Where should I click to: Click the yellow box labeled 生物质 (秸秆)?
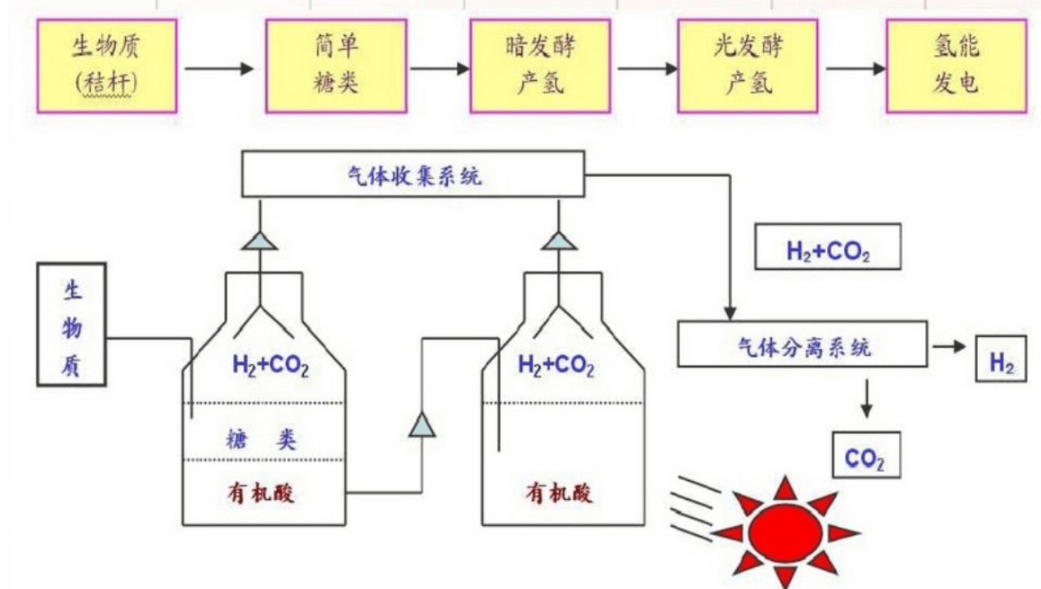coord(106,65)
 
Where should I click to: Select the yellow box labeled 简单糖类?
coord(337,65)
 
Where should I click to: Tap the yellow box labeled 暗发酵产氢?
coord(539,65)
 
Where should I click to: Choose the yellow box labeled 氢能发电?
coord(956,65)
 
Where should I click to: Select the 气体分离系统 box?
coord(802,345)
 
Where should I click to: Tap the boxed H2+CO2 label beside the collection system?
coord(828,247)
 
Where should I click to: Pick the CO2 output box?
coord(865,455)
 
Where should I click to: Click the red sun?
coord(785,531)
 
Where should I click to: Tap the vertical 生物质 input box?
coord(72,324)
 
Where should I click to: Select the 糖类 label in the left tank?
coord(261,440)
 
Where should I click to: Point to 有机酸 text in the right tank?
coord(560,494)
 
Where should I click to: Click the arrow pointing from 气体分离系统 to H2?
coord(949,346)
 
